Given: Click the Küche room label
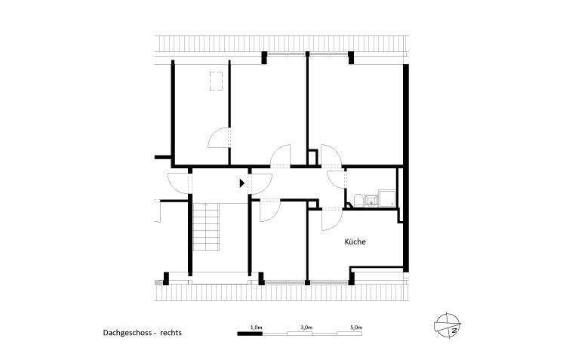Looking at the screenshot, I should click(355, 242).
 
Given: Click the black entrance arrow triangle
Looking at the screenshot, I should click(241, 183).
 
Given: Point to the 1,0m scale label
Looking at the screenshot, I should click(255, 327).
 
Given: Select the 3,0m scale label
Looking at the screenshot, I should click(306, 327).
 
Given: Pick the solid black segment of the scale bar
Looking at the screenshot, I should click(249, 333).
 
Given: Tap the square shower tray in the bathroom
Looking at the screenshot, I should click(388, 198).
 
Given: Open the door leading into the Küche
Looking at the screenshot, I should click(330, 218).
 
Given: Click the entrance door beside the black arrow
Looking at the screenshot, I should click(260, 182).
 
